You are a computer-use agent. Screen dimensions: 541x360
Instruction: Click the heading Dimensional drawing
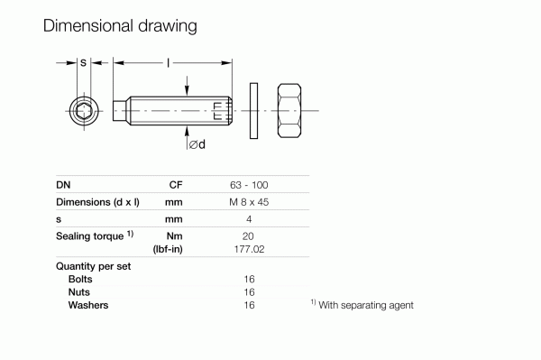[120, 26]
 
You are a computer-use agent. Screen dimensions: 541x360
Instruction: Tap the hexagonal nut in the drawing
[289, 110]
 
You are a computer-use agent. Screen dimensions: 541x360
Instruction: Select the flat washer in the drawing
[253, 111]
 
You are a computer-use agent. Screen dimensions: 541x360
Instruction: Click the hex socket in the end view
[84, 111]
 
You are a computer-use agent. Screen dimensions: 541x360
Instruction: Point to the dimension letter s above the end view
[84, 63]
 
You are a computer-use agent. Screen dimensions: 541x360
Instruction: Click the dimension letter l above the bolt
[168, 63]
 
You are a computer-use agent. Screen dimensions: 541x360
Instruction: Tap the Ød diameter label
[197, 144]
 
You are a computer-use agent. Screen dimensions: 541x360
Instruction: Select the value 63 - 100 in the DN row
[249, 185]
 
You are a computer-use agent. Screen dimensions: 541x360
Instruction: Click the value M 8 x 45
[249, 202]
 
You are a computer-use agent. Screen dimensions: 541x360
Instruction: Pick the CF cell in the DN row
[176, 185]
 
